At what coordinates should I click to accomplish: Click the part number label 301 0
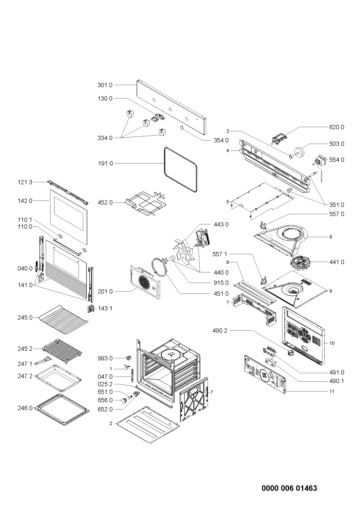coord(105,85)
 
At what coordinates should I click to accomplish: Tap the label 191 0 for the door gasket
coord(105,163)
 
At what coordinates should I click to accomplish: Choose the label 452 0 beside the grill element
coord(105,202)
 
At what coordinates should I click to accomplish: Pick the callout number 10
coord(332,343)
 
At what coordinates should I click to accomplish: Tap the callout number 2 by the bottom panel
coord(111,423)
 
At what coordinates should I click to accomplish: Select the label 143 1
coord(105,308)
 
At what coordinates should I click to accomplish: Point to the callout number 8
coord(331,237)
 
